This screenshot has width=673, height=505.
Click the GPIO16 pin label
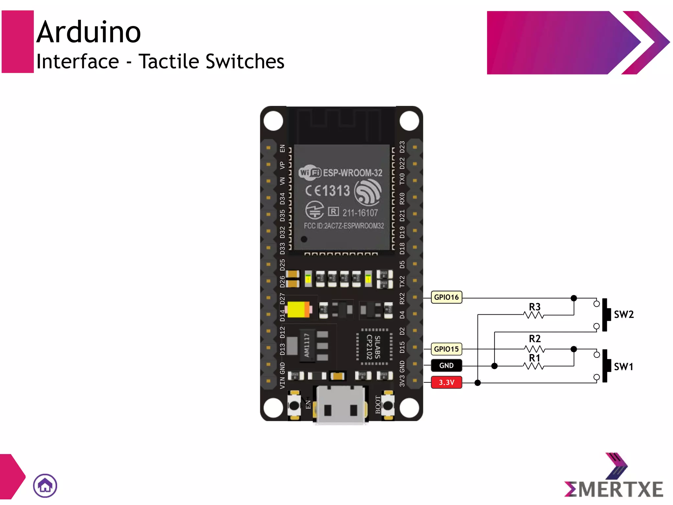(x=446, y=297)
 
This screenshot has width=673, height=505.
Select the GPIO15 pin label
(x=446, y=349)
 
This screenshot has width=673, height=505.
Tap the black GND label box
(x=446, y=366)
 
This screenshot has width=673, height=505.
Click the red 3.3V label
(x=446, y=382)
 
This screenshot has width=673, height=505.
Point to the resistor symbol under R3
(x=534, y=315)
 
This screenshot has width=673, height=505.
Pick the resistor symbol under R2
(x=534, y=349)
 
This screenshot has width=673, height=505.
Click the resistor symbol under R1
(x=534, y=366)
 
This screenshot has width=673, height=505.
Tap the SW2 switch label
(x=624, y=315)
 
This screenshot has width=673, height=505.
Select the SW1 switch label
(x=623, y=367)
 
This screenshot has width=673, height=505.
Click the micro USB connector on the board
(x=341, y=405)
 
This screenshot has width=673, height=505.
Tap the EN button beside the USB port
(x=294, y=405)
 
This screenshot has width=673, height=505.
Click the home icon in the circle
(x=45, y=486)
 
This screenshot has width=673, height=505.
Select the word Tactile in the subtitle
(x=169, y=61)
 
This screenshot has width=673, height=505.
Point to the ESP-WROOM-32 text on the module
(x=352, y=173)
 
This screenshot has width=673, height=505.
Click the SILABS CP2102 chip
(x=374, y=347)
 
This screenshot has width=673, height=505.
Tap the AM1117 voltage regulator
(x=307, y=345)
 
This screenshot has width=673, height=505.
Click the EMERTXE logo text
(x=614, y=489)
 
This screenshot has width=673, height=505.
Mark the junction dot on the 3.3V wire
(x=478, y=383)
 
